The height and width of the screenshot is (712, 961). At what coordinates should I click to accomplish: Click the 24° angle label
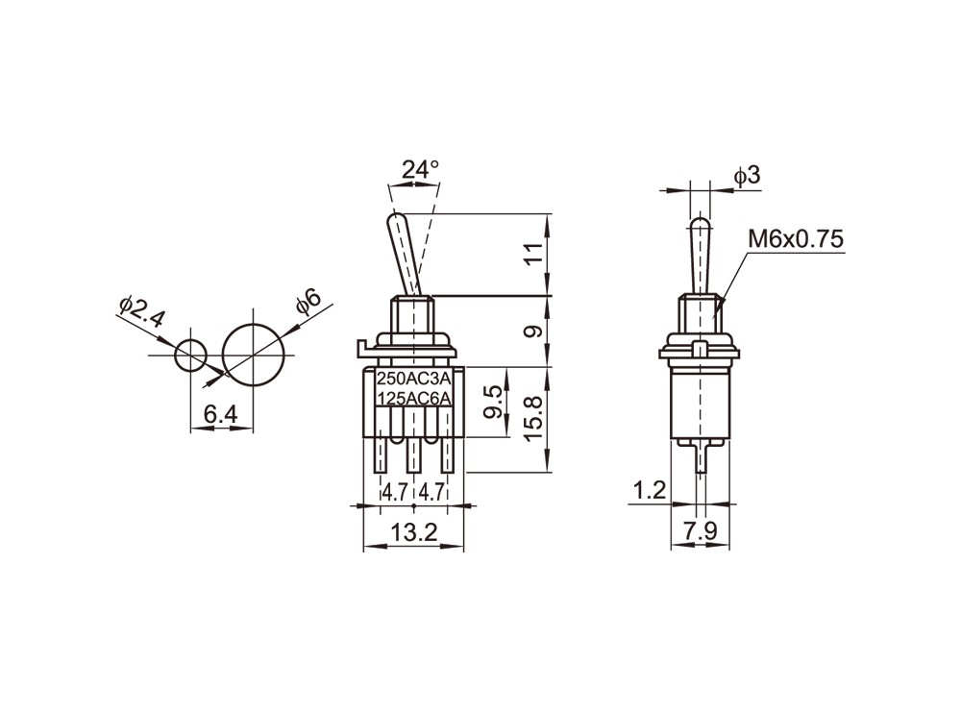(x=421, y=170)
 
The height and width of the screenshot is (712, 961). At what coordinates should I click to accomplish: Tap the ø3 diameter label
(x=747, y=177)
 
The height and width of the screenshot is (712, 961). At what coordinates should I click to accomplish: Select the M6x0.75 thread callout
(x=796, y=239)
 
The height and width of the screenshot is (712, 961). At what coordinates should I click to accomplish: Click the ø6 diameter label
(x=308, y=302)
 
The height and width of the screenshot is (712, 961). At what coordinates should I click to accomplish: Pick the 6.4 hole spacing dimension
(x=221, y=414)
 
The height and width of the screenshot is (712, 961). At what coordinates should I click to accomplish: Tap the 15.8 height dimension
(x=533, y=419)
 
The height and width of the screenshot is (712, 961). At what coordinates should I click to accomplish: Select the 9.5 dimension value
(x=493, y=402)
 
